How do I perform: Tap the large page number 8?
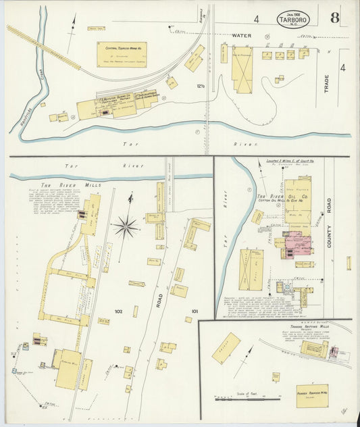click(334, 18)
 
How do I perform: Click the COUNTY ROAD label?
click(330, 226)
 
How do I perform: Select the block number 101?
click(195, 311)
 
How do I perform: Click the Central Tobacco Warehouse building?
click(122, 54)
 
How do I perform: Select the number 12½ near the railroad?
click(200, 85)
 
